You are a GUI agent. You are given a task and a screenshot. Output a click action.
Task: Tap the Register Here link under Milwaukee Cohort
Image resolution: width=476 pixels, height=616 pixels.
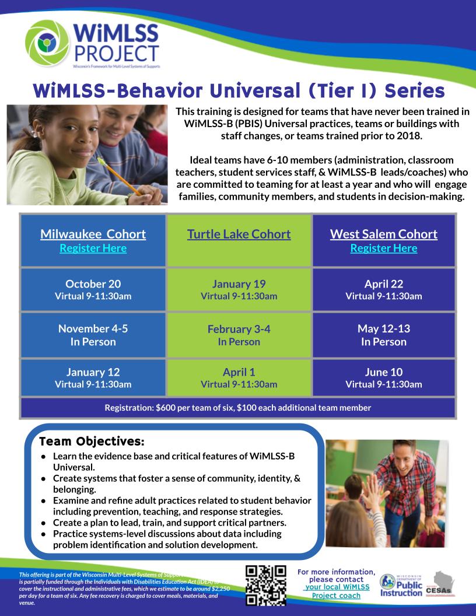tap(93, 249)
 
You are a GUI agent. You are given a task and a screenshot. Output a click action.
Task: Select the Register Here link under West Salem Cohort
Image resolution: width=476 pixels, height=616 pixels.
tap(384, 249)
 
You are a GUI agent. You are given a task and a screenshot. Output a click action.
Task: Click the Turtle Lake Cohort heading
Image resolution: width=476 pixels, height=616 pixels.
tap(239, 235)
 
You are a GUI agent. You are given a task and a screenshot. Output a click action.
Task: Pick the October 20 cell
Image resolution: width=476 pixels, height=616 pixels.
tap(93, 289)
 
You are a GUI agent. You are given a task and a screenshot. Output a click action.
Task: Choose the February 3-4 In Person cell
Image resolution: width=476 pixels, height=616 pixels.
tap(239, 335)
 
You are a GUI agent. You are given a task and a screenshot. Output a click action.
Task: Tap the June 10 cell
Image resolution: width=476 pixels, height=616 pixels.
tap(384, 377)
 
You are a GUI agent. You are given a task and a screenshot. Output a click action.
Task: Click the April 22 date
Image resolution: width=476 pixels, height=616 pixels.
tap(384, 284)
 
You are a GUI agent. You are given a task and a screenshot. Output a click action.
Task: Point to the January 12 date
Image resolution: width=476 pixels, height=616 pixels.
tap(93, 372)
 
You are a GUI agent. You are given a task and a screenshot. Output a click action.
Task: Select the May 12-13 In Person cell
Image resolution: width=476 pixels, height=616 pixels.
tap(384, 335)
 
